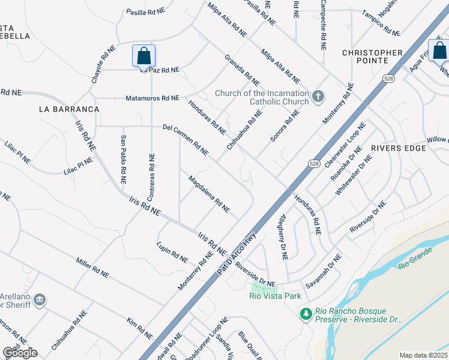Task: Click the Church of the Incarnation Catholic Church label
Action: point(262,97)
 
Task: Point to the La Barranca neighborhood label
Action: point(68,109)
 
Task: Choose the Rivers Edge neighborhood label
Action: point(394,148)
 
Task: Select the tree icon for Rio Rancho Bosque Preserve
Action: point(306,314)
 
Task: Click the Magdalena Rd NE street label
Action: point(209,194)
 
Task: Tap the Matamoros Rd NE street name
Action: point(152,98)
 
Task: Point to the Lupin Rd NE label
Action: point(172,252)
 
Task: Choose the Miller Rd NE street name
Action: point(92,268)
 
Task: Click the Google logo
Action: point(20,353)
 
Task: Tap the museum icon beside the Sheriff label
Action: point(40,299)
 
